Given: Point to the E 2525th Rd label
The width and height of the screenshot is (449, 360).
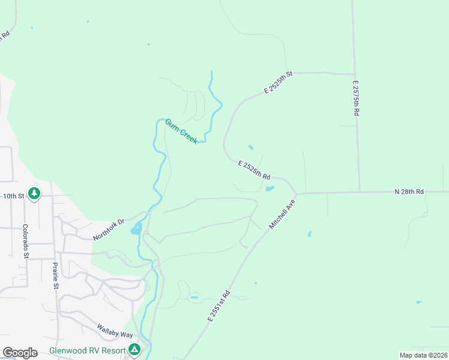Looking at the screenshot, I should (254, 170).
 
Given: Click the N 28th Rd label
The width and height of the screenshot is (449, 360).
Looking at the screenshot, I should (409, 191).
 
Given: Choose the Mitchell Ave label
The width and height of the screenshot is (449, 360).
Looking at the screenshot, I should (283, 214).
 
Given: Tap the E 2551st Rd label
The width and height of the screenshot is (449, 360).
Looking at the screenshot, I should (219, 306).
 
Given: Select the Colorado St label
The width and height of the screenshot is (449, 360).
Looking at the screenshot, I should (25, 241).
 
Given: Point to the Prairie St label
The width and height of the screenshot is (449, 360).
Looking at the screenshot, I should (55, 275).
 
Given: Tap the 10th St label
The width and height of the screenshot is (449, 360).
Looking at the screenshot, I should (13, 196).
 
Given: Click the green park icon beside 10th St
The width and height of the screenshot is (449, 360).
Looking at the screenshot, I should (35, 193).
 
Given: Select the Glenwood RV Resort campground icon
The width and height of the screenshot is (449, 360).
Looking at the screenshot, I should (135, 349).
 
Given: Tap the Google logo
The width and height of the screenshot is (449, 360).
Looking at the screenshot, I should (20, 353).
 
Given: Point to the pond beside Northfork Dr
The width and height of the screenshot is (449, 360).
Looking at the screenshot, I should (136, 229).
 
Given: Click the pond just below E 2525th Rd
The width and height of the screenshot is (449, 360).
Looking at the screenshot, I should (270, 188).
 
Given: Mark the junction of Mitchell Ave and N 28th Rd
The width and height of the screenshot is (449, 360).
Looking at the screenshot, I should (297, 194).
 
